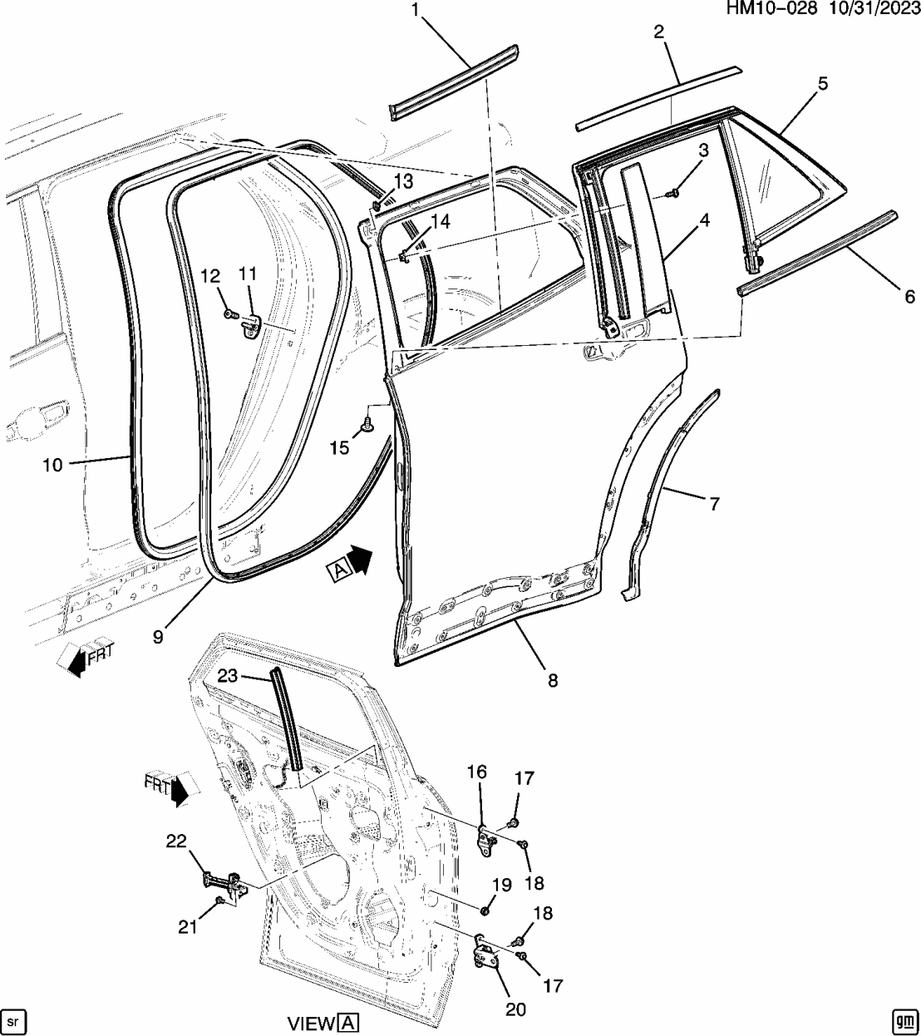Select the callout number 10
(x=52, y=465)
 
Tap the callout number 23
(x=228, y=677)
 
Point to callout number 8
(x=553, y=680)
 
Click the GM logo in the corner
(x=904, y=1020)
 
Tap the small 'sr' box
(x=14, y=1020)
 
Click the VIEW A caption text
(x=323, y=1023)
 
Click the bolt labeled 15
(x=367, y=427)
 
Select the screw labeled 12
(x=230, y=314)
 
